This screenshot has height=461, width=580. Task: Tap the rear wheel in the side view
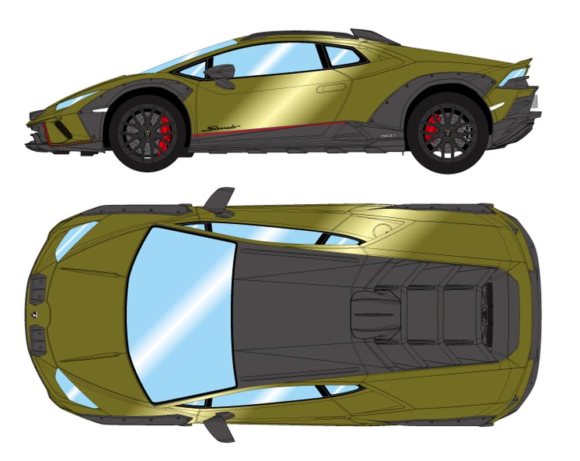coord(446,132)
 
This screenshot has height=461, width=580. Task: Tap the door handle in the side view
coord(331,88)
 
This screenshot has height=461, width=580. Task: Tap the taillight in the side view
coord(513,75)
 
